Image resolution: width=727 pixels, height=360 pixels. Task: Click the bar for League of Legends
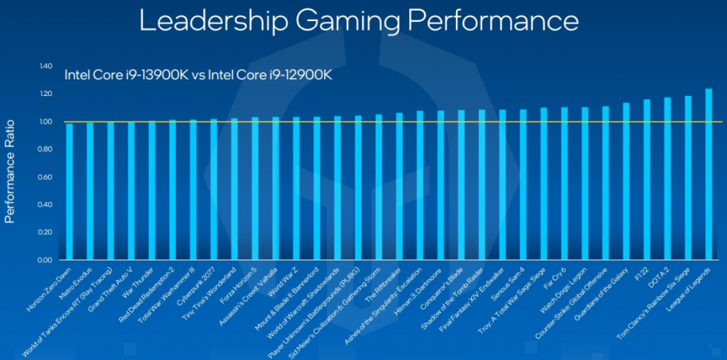709,175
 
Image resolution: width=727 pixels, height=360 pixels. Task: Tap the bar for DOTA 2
667,178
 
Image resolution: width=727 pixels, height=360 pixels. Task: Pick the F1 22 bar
647,180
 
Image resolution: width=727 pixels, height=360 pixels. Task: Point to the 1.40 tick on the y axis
46,66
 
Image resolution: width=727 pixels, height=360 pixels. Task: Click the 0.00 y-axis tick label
46,260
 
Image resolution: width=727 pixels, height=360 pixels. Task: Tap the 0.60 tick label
46,177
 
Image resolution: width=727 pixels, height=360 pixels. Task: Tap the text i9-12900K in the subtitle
285,75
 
